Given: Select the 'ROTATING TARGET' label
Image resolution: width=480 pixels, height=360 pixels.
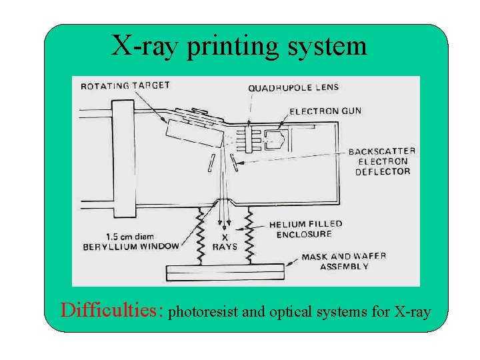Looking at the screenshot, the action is [125, 86].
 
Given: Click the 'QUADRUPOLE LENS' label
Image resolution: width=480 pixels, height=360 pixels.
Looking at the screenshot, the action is [293, 87].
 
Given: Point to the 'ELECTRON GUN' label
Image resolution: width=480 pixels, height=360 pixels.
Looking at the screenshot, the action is [325, 111].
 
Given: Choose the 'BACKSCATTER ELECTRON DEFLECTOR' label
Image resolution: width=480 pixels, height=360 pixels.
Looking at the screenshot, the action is [382, 161].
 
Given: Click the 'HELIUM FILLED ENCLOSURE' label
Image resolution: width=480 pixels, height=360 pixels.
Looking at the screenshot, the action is [305, 229].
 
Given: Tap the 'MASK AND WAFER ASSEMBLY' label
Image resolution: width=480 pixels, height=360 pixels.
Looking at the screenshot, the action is [343, 261].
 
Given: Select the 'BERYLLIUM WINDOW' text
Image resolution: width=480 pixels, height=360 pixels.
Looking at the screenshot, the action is [131, 246].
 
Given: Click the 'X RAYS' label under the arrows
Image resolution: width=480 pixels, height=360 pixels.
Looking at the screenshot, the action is [224, 242].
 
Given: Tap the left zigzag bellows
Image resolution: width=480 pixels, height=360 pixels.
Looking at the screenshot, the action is [199, 235].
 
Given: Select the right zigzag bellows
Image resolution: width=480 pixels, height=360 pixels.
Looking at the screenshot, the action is [251, 235].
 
